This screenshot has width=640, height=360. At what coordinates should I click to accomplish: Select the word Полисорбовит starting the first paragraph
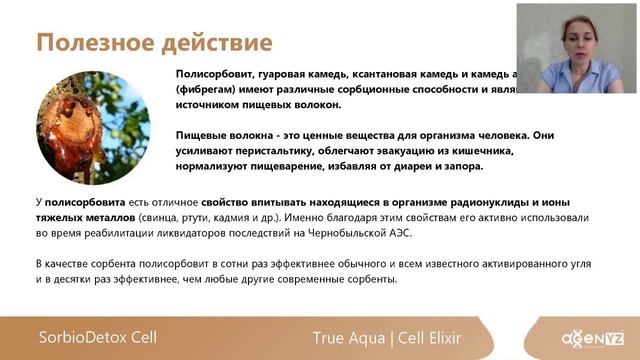[215, 74]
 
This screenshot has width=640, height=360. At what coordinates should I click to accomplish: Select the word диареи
[419, 166]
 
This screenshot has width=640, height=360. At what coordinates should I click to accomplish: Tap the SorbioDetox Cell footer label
[98, 337]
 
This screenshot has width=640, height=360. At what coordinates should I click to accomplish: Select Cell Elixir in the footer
[437, 338]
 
